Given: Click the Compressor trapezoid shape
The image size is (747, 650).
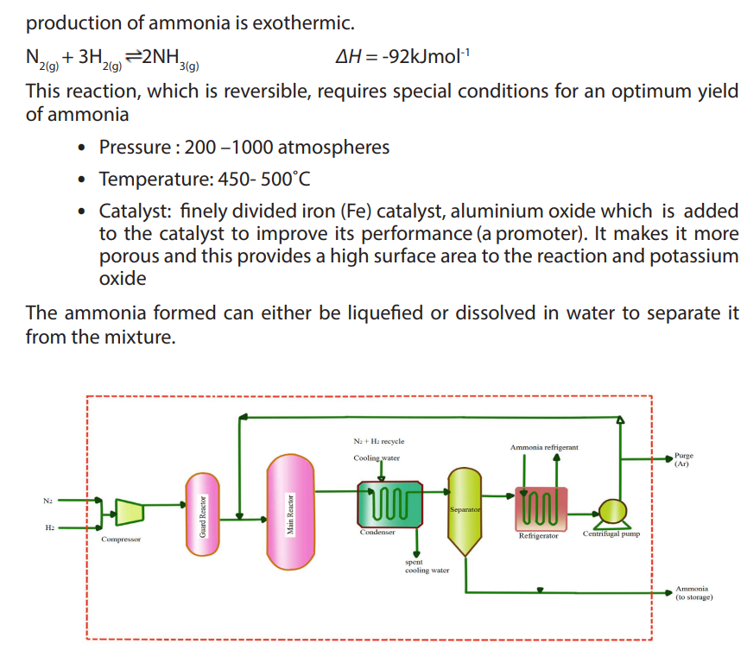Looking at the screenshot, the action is tap(130, 513).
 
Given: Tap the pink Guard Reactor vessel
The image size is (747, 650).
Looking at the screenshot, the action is tap(203, 514).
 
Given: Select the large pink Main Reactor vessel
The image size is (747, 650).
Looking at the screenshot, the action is tap(291, 512).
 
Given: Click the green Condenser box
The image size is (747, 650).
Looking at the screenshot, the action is tap(390, 504).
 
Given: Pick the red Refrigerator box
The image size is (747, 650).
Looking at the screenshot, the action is tap(541, 509).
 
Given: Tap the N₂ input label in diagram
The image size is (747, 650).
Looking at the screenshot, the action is tap(47, 501).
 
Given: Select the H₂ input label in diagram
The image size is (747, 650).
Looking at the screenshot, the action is tap(49, 527).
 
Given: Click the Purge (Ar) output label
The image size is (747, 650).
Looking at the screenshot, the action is tap(684, 459).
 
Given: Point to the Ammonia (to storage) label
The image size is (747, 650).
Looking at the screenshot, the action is tap(694, 593).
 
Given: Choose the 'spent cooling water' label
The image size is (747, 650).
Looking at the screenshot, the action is tap(427, 566).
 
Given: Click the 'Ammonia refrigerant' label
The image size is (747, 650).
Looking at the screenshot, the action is tap(544, 447).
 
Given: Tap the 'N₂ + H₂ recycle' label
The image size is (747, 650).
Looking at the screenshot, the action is tap(379, 441).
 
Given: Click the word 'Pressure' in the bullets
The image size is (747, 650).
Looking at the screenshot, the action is tap(135, 147).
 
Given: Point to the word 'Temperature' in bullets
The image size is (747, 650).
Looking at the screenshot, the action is tap(155, 179).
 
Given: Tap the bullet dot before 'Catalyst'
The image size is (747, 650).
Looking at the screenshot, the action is tap(82, 211).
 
